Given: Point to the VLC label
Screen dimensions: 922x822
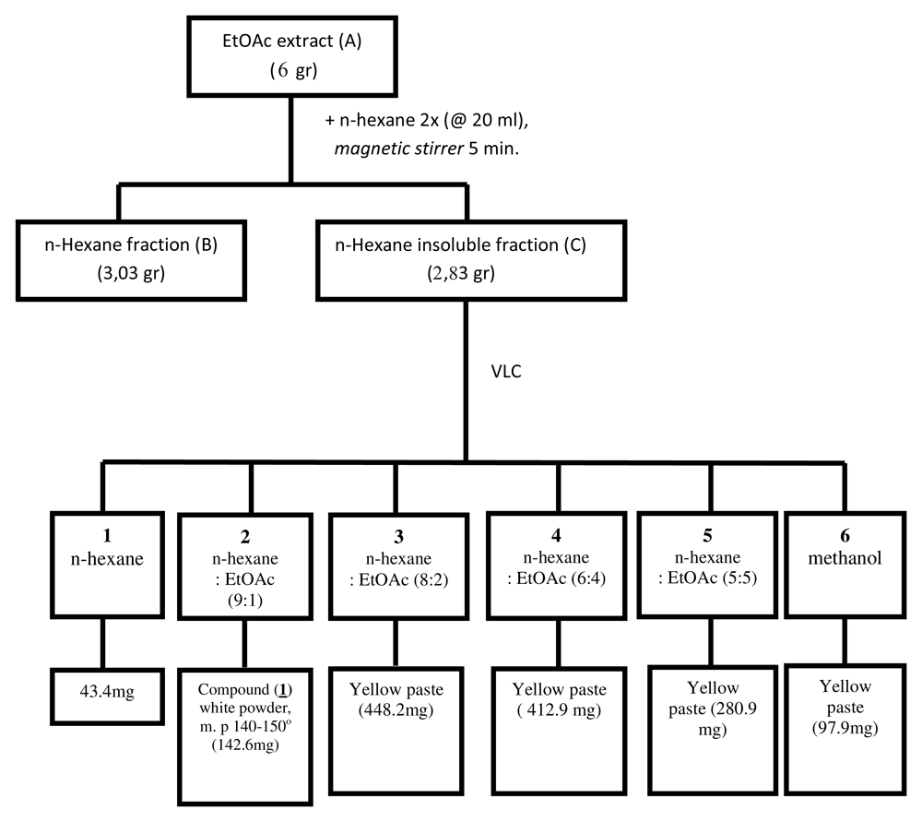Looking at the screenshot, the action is click(506, 371).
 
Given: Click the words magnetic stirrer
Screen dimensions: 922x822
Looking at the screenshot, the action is click(399, 149).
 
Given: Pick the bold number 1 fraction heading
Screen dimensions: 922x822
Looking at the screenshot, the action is click(107, 535).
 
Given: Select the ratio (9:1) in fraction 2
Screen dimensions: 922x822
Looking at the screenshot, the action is click(245, 601).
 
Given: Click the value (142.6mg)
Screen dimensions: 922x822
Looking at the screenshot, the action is click(245, 745).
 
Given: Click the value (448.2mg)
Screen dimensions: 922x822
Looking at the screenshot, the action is click(396, 710).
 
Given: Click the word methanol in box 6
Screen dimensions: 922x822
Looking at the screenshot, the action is click(845, 558).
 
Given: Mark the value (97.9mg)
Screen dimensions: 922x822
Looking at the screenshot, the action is click(845, 729).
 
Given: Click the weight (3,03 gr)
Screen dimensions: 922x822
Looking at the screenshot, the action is click(131, 274).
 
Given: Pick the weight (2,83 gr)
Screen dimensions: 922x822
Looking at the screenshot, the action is click(461, 274).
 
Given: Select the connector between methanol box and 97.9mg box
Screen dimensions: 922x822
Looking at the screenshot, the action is click(845, 641).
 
